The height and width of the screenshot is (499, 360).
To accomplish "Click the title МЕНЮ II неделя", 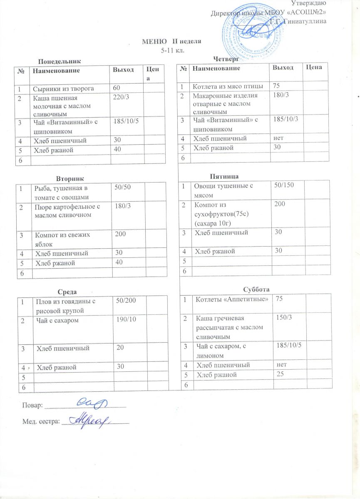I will tap(172, 42).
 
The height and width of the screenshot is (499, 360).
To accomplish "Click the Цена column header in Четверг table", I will tap(315, 68).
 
